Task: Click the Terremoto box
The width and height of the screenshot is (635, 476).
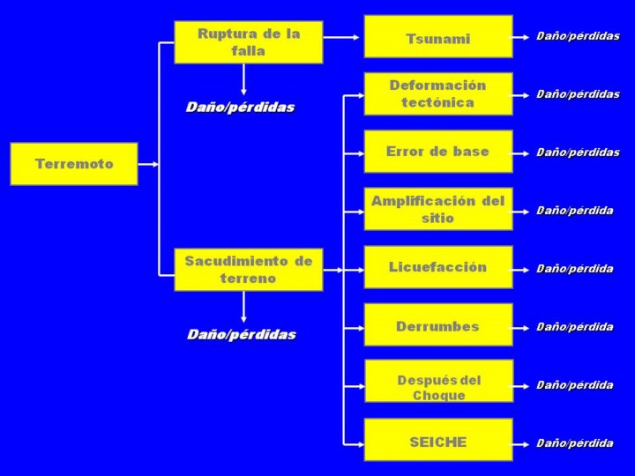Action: [74, 164]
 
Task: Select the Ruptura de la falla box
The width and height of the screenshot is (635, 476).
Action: [248, 42]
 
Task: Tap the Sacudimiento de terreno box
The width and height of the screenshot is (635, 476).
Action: [248, 270]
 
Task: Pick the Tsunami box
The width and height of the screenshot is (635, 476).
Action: [438, 38]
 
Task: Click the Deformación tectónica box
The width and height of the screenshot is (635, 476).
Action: [438, 93]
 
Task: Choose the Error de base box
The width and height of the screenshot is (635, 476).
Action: [438, 152]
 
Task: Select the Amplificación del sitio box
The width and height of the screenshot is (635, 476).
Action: [438, 209]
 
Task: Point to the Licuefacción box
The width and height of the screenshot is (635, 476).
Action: [438, 267]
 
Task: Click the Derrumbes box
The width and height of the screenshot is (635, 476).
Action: [438, 325]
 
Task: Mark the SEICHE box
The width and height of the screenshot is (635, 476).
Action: [438, 441]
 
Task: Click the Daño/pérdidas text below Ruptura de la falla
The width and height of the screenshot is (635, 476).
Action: [240, 108]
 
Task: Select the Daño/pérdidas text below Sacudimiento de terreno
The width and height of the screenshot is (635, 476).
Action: [241, 335]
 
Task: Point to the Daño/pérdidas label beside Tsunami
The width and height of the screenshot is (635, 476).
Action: [578, 36]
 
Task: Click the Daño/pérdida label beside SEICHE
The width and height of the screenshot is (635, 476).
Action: [574, 443]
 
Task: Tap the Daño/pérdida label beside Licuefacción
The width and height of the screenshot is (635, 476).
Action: [574, 269]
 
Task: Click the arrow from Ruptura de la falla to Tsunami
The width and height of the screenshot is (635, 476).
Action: [342, 38]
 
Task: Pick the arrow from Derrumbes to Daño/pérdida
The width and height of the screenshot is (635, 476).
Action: [523, 327]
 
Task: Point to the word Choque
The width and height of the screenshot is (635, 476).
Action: [438, 396]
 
